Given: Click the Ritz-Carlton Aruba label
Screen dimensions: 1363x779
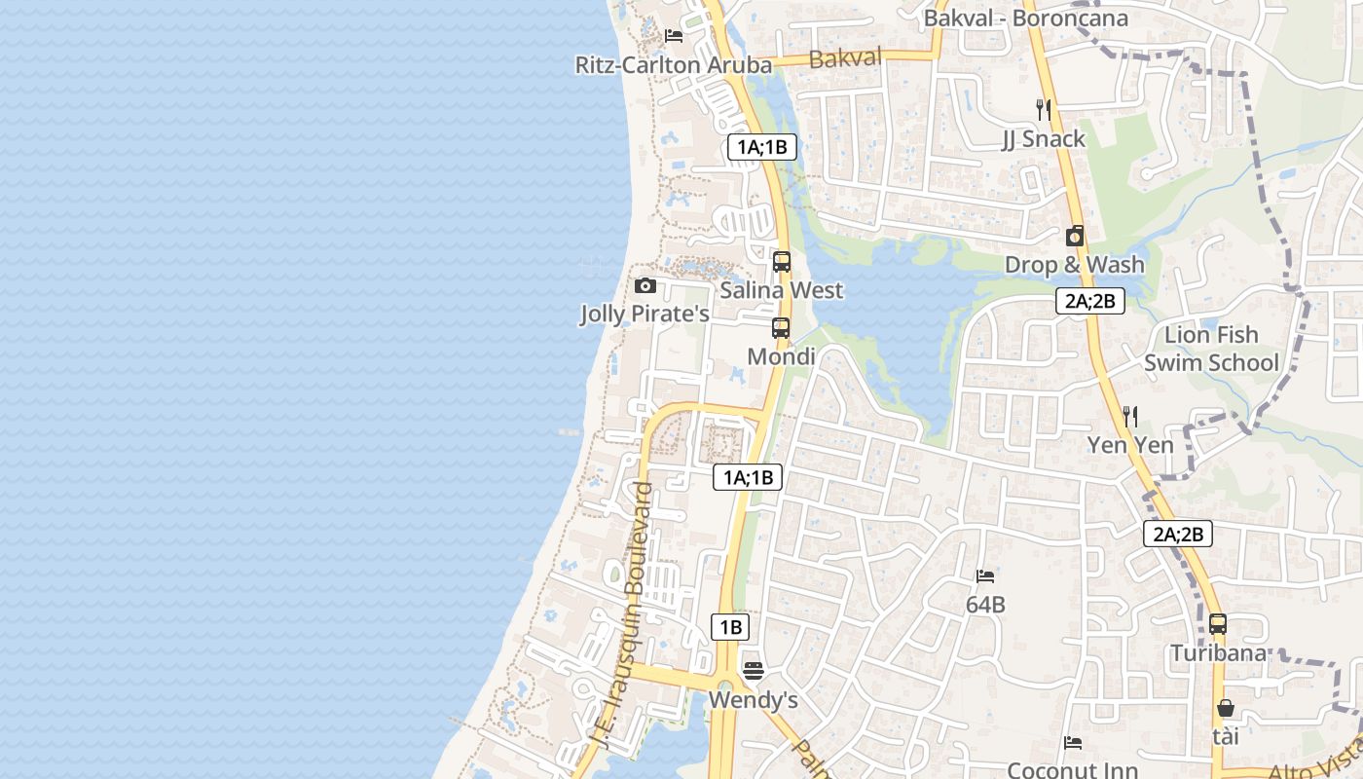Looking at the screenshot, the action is point(674,65).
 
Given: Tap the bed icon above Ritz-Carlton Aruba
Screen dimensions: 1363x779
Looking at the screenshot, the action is point(673,36).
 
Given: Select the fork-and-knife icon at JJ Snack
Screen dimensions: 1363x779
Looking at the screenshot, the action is point(1043,109).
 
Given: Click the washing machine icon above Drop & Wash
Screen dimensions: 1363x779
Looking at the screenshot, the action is point(1075,236).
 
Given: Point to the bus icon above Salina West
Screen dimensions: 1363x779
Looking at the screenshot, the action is point(781,261).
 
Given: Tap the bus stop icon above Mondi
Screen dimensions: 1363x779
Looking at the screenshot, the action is point(781,328).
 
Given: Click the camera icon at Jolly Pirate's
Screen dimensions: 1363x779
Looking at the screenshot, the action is point(645,285).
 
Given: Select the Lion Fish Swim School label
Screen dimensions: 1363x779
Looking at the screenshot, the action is point(1211,349).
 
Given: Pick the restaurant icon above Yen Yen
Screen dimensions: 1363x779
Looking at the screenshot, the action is point(1129,417).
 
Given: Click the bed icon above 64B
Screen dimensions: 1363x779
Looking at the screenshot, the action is point(985,576).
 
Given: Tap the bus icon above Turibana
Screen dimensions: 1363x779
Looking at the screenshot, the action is point(1218,624).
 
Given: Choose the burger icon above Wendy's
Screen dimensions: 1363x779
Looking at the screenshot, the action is point(753,670).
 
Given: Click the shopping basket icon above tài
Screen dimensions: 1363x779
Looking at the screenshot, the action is point(1226,708).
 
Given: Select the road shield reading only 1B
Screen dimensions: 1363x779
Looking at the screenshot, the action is point(730,627).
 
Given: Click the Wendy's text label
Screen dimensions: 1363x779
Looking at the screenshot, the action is point(753,700).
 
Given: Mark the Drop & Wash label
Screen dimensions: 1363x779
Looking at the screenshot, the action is point(1075,265).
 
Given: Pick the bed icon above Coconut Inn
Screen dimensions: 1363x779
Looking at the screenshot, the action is point(1072,743).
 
